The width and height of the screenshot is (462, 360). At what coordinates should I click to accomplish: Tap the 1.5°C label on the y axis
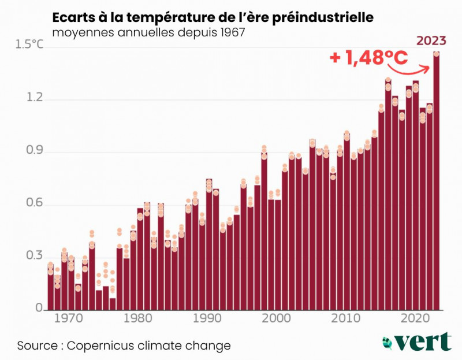click(x=29, y=45)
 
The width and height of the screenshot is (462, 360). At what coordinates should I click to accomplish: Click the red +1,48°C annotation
click(x=368, y=58)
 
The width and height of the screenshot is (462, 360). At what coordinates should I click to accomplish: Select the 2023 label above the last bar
click(x=431, y=40)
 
